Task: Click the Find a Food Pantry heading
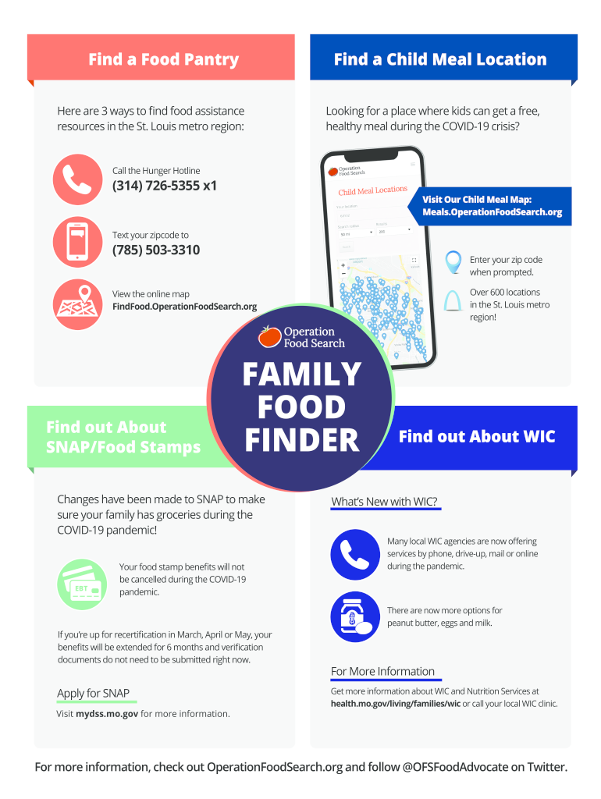[163, 59]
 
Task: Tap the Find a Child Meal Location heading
[440, 59]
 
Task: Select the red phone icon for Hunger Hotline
[77, 179]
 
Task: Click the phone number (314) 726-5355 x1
[165, 186]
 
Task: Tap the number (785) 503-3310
[156, 250]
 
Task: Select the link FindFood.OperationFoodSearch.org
[184, 307]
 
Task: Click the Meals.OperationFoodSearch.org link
[492, 212]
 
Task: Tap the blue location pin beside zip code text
[453, 263]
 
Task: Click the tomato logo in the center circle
[270, 336]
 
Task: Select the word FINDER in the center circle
[302, 440]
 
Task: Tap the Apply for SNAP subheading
[93, 694]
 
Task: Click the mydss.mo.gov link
[107, 714]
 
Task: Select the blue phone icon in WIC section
[355, 555]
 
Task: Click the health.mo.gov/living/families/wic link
[396, 704]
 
